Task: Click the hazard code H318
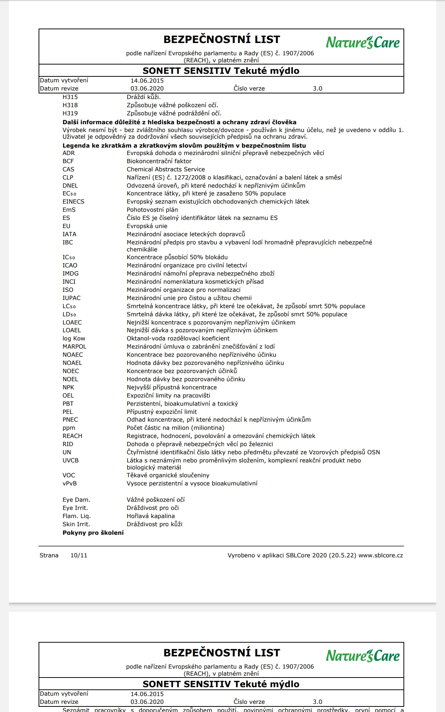coord(70,105)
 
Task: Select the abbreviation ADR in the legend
coord(69,153)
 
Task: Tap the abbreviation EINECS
coord(73,202)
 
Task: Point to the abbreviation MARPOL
coord(75,347)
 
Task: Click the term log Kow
coord(74,339)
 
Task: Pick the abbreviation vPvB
coord(70,484)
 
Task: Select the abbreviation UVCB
coord(70,461)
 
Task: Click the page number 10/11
coord(79,556)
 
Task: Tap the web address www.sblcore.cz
coord(381,556)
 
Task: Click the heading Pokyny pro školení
coord(93,533)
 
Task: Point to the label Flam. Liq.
coord(77,516)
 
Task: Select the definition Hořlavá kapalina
coord(151,516)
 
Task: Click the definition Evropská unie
coord(147,226)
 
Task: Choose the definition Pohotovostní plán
coord(152,210)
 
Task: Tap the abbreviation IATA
coord(69,234)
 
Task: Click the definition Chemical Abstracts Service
coord(166,169)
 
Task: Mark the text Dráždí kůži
coord(144,97)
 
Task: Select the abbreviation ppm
coord(69,428)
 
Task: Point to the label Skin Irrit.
coord(76,524)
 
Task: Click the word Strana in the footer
coord(49,556)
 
